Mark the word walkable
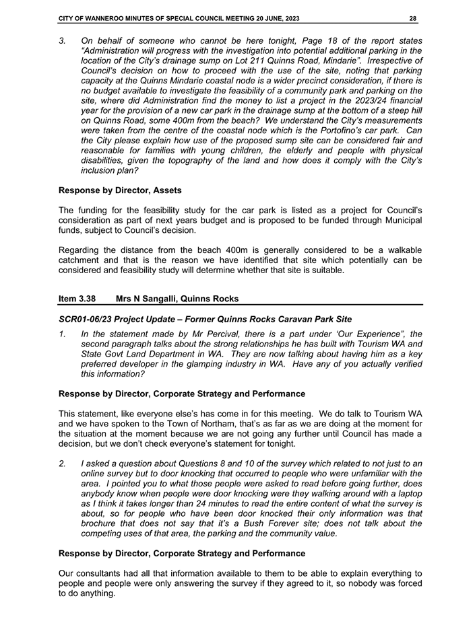(x=400, y=250)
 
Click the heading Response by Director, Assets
(x=119, y=190)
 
